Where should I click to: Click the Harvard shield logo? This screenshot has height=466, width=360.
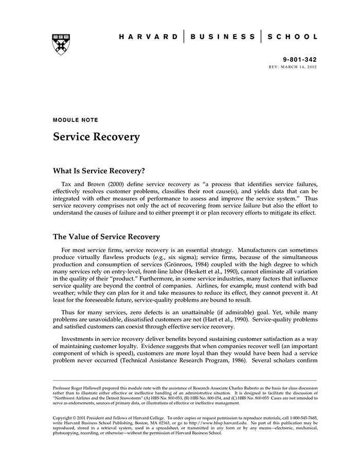(x=61, y=44)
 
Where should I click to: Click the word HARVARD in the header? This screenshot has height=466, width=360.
(x=149, y=37)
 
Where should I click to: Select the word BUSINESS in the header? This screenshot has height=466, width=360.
(x=223, y=37)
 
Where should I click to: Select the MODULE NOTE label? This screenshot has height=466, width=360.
(x=76, y=120)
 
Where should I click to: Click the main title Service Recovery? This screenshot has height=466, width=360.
(x=96, y=137)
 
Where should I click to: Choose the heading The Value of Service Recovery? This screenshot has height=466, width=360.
(x=106, y=237)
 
